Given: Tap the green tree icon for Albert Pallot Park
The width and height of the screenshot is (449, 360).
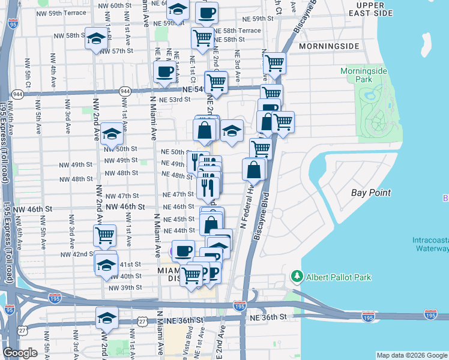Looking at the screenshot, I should (296, 277).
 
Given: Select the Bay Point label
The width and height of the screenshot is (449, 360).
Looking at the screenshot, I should (371, 193).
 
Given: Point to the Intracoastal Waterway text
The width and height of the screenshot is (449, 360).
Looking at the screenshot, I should (430, 244).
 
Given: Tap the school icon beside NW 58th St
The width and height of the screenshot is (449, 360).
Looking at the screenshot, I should (96, 39).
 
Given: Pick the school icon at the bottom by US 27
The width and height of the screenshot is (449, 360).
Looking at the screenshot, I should (107, 318).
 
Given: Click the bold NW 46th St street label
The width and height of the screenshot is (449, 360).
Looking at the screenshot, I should (125, 206).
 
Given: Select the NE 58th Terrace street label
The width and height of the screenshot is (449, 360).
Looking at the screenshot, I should (237, 30).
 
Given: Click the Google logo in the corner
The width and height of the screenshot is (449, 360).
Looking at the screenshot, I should (20, 353).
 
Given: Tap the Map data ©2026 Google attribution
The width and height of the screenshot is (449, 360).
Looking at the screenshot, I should (411, 355).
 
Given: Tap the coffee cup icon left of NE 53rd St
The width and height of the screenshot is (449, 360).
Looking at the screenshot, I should (164, 73).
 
